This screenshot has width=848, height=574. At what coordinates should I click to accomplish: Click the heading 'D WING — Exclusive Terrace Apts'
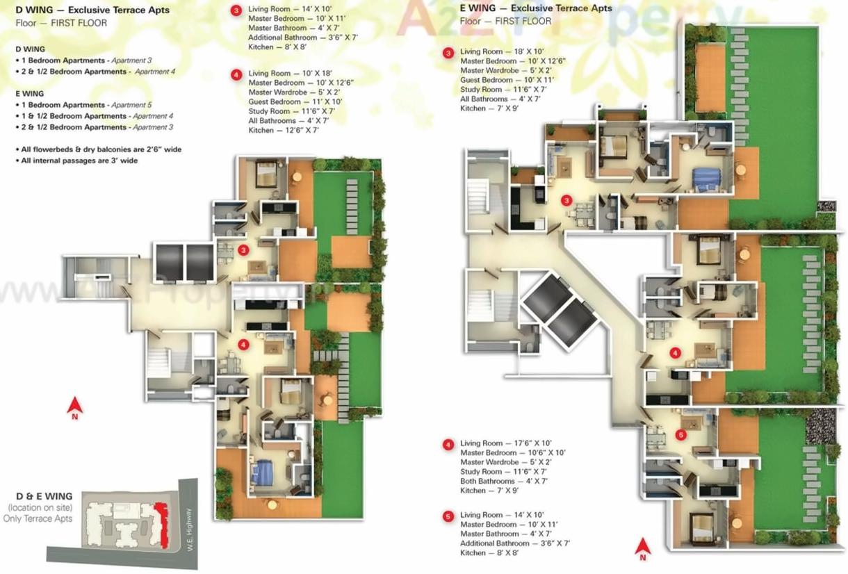92,10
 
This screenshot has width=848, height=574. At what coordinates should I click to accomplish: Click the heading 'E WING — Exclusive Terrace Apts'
536,8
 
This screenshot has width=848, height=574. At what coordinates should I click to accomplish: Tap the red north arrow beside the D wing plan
74,406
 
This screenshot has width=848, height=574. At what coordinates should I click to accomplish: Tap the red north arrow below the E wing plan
643,548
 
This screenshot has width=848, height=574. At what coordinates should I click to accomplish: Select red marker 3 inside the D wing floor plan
243,250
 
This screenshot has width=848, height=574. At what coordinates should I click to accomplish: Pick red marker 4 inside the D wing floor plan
243,344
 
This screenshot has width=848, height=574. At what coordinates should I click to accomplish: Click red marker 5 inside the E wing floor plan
680,434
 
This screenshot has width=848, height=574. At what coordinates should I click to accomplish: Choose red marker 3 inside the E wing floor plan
566,201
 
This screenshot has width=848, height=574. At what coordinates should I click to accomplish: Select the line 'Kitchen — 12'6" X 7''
284,131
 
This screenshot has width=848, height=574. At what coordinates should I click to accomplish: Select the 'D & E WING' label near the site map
44,496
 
